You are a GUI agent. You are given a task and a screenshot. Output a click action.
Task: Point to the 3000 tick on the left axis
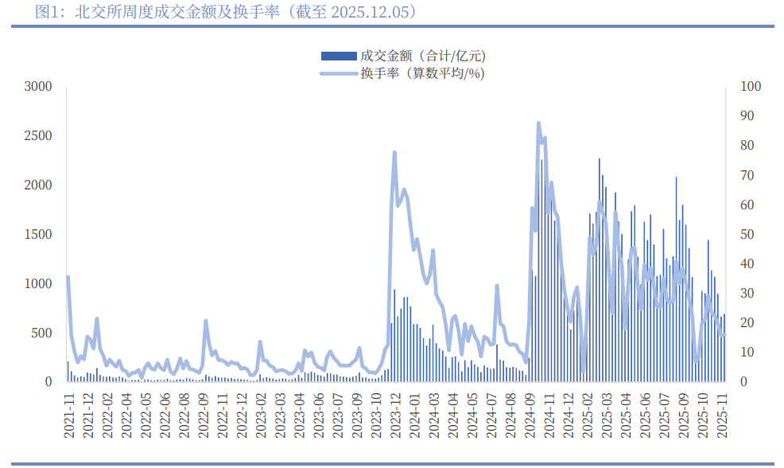37,86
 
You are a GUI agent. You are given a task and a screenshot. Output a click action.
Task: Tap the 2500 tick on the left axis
37,135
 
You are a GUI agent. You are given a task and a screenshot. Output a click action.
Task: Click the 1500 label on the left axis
37,234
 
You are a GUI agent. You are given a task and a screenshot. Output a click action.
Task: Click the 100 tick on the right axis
751,86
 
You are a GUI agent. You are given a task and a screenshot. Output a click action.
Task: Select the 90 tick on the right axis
747,115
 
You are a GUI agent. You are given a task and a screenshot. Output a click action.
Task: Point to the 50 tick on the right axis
747,234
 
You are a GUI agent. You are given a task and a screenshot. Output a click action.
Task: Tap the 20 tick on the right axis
747,322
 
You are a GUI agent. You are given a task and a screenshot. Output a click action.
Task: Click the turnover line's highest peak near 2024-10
538,123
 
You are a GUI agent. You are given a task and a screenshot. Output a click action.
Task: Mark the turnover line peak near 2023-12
394,152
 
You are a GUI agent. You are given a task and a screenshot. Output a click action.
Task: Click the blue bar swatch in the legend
338,56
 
